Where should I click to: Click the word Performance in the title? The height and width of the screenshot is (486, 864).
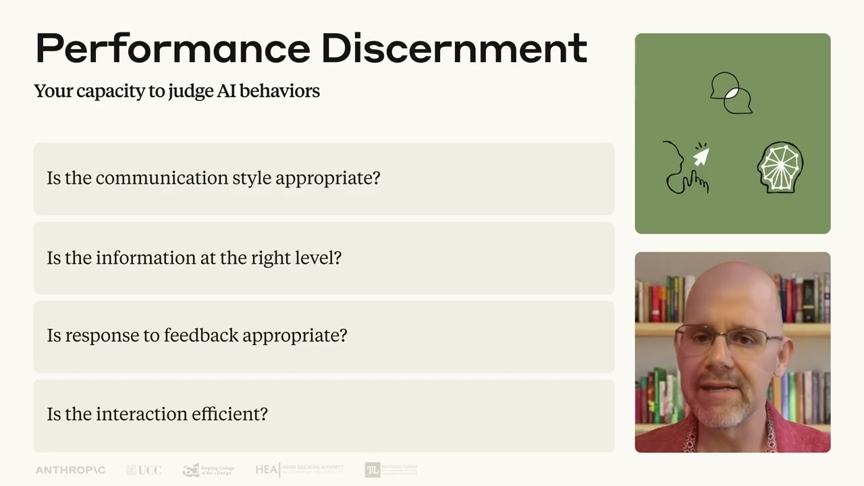pos(172,49)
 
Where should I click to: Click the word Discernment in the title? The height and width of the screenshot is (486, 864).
pos(454,49)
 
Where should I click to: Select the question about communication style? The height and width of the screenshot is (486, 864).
pos(213,178)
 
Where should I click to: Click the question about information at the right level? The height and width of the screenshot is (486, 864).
pos(194,258)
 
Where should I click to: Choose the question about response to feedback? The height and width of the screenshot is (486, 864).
pos(197,335)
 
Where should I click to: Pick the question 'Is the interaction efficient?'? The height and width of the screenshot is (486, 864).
pos(157,414)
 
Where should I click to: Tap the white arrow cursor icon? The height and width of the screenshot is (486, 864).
pos(701,157)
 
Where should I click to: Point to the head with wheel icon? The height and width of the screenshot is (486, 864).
pos(780,167)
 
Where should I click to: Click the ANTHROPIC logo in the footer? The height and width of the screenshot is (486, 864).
pos(70,470)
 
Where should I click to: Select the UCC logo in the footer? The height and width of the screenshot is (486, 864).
pos(144,470)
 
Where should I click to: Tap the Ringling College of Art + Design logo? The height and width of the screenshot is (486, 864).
pos(209,470)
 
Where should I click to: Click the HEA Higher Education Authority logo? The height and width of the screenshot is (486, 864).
pos(299,469)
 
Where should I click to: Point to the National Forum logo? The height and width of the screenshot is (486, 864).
pos(391,469)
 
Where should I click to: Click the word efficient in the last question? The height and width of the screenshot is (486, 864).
pos(230,414)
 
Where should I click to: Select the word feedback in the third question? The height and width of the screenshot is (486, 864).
pos(200,335)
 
